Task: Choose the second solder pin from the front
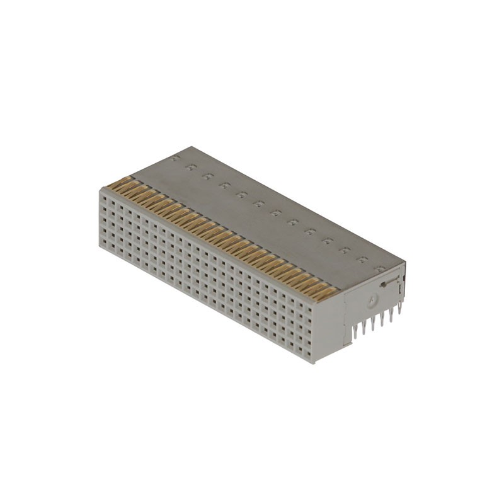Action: coord(365,326)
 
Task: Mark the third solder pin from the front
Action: coord(373,322)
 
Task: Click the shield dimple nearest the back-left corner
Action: coord(177,157)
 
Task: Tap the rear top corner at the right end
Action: coord(405,263)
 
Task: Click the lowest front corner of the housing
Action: coord(314,364)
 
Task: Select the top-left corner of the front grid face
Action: coord(100,188)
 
